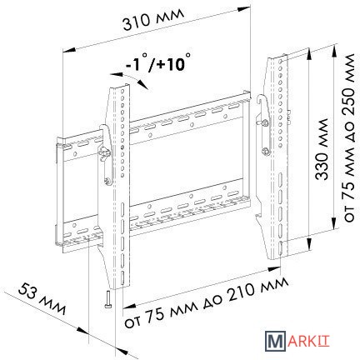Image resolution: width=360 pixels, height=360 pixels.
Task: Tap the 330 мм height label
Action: coord(322,149)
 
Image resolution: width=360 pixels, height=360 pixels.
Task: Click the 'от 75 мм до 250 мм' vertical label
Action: coord(349,137)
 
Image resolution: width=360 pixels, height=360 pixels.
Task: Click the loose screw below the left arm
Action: coord(108,299)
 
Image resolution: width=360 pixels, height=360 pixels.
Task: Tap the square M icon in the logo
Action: coord(275,341)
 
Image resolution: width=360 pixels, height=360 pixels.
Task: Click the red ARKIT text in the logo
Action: coord(308,341)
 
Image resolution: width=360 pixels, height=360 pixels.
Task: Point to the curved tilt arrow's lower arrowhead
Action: coord(143,84)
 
